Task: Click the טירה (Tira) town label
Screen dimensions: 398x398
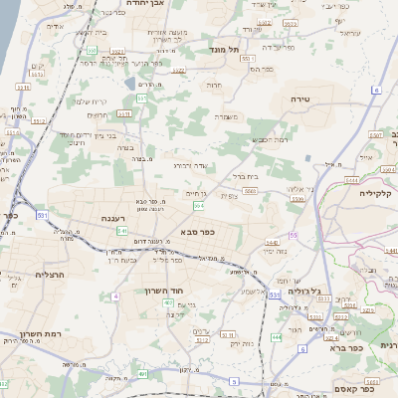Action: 299,99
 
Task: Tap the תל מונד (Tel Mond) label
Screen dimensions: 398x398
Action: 227,48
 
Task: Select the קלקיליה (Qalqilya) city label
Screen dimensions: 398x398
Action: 377,194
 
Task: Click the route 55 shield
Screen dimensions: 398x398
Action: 294,235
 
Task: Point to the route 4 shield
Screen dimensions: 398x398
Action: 115,297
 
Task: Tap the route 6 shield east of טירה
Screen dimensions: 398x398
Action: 377,91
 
